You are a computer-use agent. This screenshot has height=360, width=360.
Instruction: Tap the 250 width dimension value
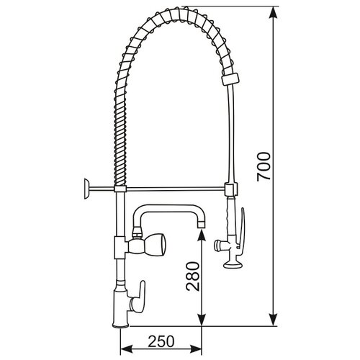pos(163,341)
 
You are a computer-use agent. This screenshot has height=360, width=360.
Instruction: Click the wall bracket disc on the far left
pos(84,189)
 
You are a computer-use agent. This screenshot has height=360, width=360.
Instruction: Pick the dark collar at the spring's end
pos(231,78)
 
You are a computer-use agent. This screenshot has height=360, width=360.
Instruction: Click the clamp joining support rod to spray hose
pos(230,190)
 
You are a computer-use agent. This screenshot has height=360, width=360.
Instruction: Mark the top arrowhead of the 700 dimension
pos(274,13)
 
